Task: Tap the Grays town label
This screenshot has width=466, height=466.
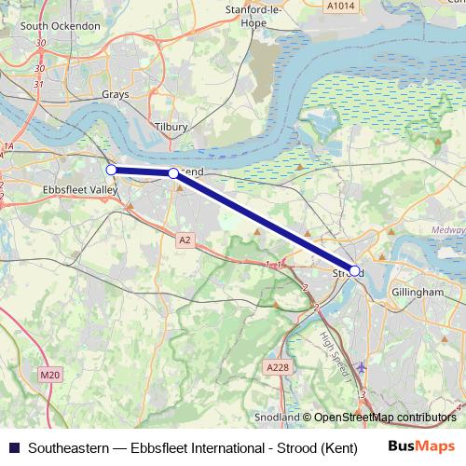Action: click(116, 94)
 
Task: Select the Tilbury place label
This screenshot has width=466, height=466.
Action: click(171, 126)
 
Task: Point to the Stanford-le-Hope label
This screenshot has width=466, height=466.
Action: click(254, 15)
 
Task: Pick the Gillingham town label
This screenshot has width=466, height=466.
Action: click(418, 292)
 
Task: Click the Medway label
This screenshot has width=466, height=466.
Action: click(447, 229)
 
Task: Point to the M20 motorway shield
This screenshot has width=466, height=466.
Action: click(48, 375)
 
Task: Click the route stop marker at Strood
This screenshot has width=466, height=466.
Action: click(354, 270)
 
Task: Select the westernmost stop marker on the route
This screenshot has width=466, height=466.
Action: click(111, 170)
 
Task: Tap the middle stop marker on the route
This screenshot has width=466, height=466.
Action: click(173, 173)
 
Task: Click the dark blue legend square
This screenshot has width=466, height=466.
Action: click(13, 448)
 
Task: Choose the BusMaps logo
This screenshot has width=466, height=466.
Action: click(422, 447)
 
